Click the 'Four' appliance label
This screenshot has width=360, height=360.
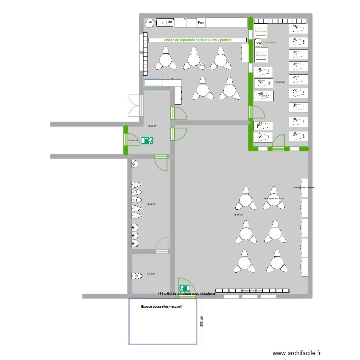pos(202,23)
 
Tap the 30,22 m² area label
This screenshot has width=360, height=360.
pos(280,82)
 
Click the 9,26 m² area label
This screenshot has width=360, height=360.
pos(153,126)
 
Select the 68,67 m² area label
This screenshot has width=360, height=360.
pos(238,215)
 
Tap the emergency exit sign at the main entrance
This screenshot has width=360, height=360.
pos(184,288)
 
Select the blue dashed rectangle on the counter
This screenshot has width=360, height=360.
pos(153,83)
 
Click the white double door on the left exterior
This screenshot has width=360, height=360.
pos(134,106)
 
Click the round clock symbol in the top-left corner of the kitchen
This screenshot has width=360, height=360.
pos(149,22)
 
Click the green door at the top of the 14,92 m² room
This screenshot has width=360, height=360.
pos(161,162)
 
